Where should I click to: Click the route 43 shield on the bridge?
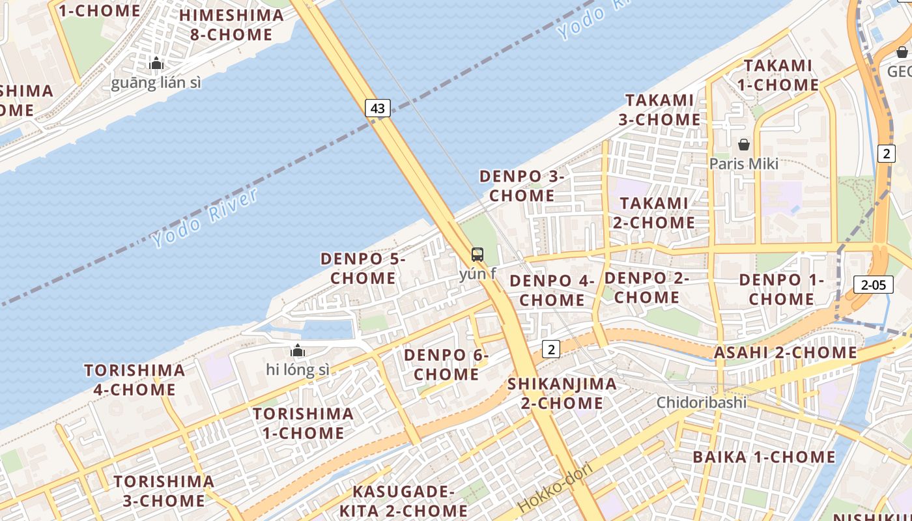pyautogui.click(x=378, y=108)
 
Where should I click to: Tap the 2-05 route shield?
pyautogui.click(x=873, y=285)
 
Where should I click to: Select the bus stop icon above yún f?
pyautogui.click(x=477, y=255)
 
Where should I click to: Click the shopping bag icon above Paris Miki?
pyautogui.click(x=744, y=144)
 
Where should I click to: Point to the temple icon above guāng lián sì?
pyautogui.click(x=156, y=63)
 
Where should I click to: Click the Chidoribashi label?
pyautogui.click(x=701, y=402)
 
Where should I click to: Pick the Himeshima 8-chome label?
pyautogui.click(x=231, y=25)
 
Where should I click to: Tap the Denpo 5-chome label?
pyautogui.click(x=363, y=268)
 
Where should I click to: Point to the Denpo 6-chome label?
pyautogui.click(x=446, y=365)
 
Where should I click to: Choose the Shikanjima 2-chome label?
pyautogui.click(x=562, y=393)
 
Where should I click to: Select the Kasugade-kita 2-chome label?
pyautogui.click(x=403, y=500)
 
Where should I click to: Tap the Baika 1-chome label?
pyautogui.click(x=763, y=457)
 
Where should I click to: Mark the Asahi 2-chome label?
pyautogui.click(x=786, y=352)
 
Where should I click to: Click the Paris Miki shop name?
pyautogui.click(x=744, y=163)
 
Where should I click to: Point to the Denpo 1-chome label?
pyautogui.click(x=782, y=289)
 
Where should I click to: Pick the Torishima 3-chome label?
pyautogui.click(x=164, y=491)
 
